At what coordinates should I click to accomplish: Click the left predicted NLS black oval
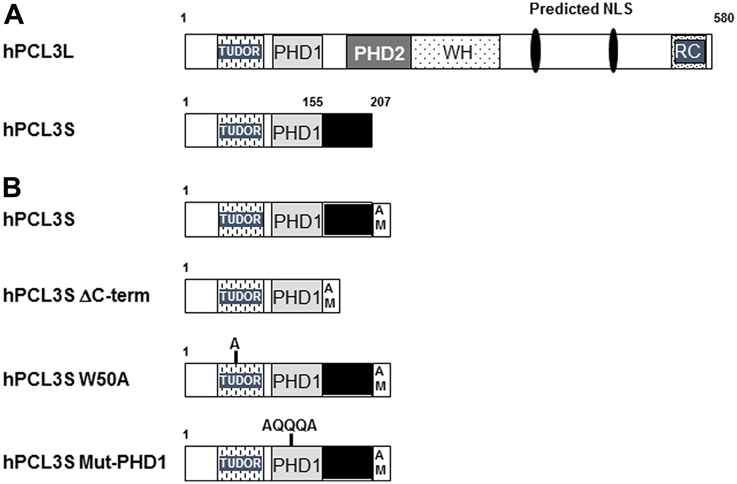535,51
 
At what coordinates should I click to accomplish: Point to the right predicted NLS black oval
613,51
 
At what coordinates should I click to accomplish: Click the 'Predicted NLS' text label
581,9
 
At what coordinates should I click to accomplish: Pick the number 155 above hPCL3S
312,102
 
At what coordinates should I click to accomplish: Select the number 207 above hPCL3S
380,102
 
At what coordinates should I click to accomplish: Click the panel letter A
14,15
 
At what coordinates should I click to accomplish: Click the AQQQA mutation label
289,425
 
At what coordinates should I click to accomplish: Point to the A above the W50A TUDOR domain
235,344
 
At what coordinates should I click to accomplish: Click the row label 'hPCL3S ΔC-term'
76,295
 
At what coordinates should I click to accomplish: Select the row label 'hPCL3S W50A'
66,379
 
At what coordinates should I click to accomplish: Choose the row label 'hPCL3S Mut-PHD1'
85,462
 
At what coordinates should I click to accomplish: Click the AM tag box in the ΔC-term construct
331,296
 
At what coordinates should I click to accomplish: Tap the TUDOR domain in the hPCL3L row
240,52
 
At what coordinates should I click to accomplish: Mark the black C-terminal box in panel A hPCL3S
347,130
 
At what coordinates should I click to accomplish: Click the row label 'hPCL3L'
38,52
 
